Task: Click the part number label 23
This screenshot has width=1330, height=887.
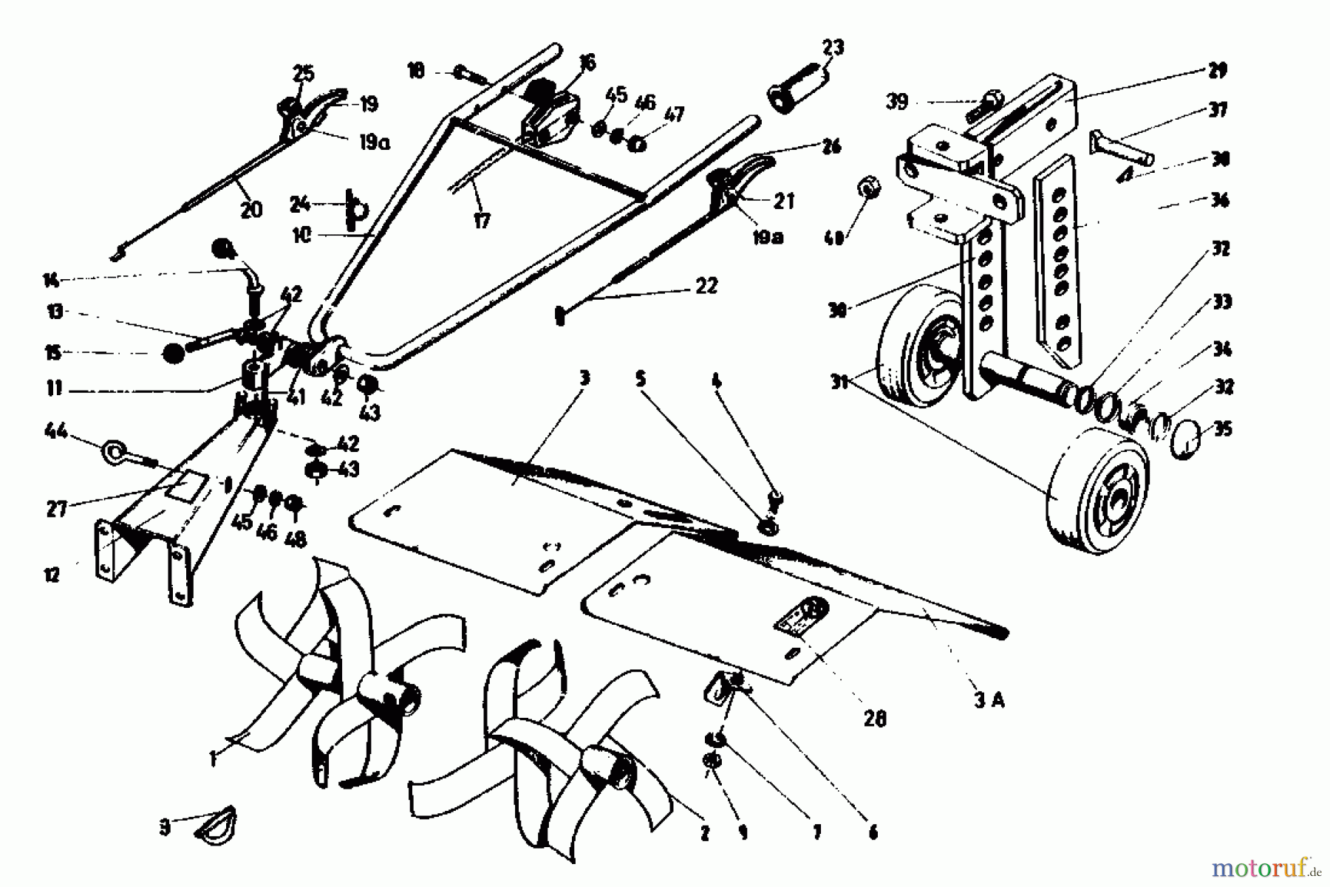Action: click(833, 47)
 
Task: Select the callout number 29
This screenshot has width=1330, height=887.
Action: click(1216, 71)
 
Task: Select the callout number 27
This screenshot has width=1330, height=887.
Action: click(56, 509)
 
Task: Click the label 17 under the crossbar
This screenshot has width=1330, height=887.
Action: click(481, 221)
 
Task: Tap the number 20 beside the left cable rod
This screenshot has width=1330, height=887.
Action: click(251, 210)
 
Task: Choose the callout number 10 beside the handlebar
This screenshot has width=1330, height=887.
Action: click(302, 236)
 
